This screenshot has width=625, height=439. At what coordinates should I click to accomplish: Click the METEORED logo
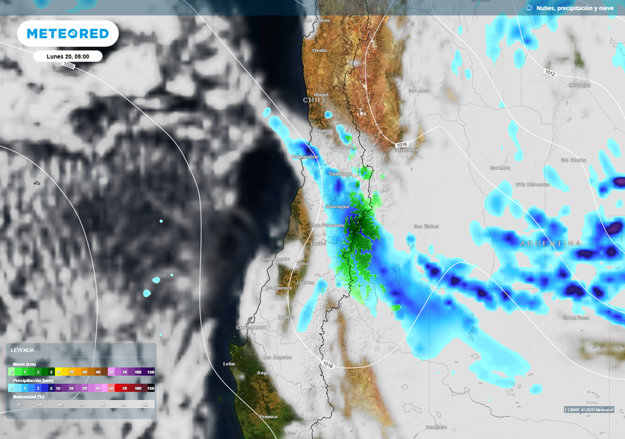(x=67, y=34)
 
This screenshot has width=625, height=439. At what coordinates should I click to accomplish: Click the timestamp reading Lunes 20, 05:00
(x=68, y=56)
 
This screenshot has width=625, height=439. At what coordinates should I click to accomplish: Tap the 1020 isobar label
(x=69, y=65)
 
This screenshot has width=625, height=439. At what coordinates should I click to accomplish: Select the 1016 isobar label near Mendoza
(x=401, y=144)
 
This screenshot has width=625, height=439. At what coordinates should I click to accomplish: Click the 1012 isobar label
(x=550, y=72)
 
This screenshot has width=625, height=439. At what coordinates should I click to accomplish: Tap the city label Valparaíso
(x=304, y=157)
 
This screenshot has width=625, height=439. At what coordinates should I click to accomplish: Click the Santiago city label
(x=341, y=174)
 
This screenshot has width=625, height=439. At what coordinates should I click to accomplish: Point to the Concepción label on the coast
(x=251, y=327)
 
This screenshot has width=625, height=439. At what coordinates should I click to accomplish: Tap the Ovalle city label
(x=319, y=51)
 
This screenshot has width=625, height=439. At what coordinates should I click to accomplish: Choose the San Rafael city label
(x=427, y=226)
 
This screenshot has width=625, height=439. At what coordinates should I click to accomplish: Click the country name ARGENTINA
(x=550, y=243)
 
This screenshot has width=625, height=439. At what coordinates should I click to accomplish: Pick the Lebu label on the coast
(x=229, y=363)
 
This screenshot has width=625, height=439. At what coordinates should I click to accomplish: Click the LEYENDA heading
(x=22, y=351)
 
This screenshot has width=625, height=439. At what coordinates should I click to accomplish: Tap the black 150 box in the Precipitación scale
(x=151, y=388)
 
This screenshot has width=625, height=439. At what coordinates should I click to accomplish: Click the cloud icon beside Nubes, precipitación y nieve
(x=529, y=8)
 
